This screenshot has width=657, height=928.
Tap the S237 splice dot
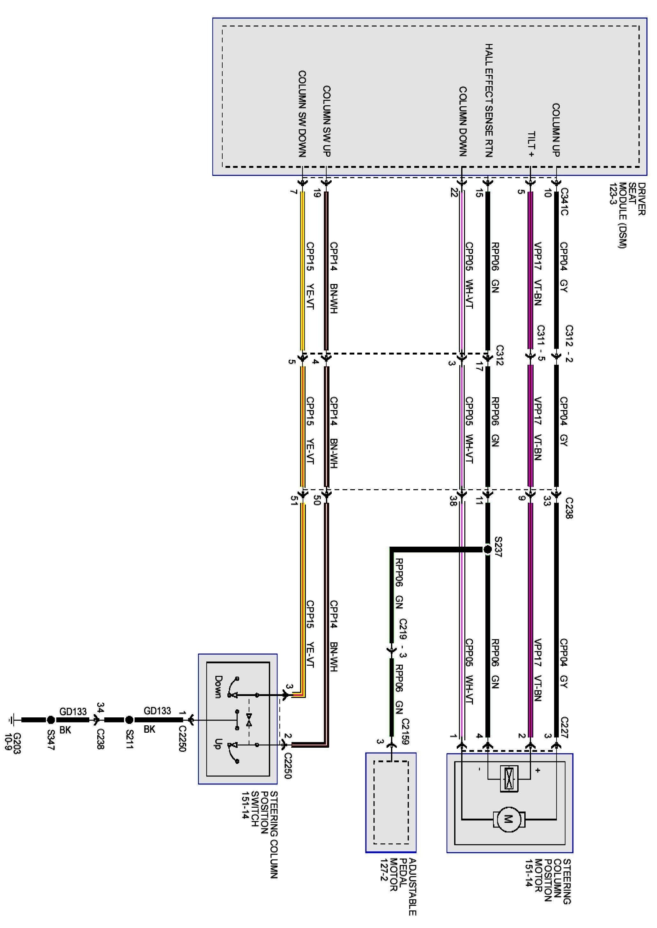coord(488,550)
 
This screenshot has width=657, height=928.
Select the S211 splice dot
coord(129,720)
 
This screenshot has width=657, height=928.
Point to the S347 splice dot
coord(51,720)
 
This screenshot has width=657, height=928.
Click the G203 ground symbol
coord(11,720)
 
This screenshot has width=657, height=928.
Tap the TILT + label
coord(532,144)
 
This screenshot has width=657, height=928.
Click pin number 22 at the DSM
coord(454,193)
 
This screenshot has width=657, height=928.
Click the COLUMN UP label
coord(556,130)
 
